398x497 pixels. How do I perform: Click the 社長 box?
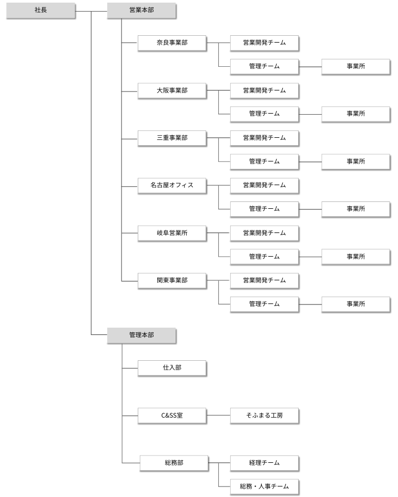coord(40,11)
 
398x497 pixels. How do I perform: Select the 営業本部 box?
coord(141,11)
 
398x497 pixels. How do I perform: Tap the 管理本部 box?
coord(141,334)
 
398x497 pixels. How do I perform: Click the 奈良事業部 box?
coord(172,43)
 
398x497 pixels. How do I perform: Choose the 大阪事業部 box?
coord(172,90)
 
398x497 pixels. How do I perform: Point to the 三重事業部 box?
coord(172,138)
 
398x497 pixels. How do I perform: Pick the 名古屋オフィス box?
coord(172,185)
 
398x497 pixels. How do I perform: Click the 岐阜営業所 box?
coord(172,232)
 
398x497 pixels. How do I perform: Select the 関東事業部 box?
coord(172,280)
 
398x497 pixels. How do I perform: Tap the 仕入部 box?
coord(172,368)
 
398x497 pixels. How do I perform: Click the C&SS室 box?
coord(172,415)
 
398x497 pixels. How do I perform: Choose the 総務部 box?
coord(174,463)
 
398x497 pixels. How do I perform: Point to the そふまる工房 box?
coord(264,415)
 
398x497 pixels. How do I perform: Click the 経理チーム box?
coord(264,463)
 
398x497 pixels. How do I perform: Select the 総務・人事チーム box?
coord(264,486)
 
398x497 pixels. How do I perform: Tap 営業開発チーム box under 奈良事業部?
coord(264,43)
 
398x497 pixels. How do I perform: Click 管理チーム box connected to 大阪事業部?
coord(264,114)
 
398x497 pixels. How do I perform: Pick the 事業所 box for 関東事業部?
coord(356,304)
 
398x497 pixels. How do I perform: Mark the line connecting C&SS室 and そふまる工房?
coord(218,415)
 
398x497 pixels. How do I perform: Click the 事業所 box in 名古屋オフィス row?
coord(356,209)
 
